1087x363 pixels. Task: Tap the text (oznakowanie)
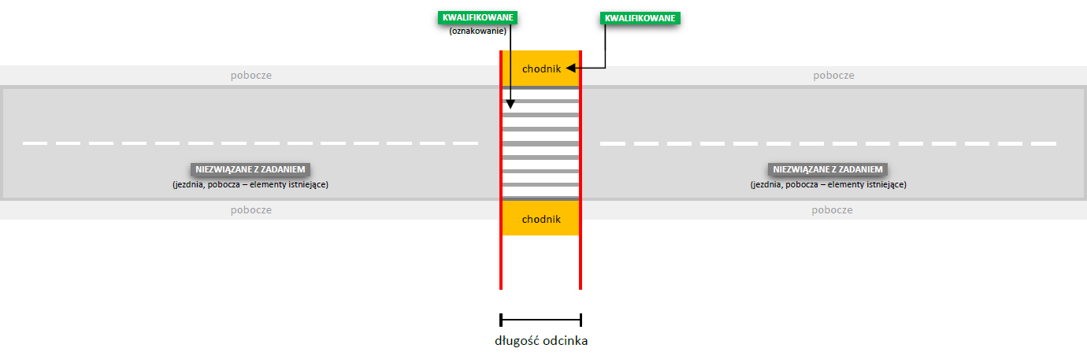tap(477, 31)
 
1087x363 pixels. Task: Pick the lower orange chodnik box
tap(540, 218)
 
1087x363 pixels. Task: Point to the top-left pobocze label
tap(251, 76)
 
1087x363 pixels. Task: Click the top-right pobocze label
tap(833, 76)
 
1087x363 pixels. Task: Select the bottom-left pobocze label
tap(251, 210)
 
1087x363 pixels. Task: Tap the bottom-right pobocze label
tap(833, 210)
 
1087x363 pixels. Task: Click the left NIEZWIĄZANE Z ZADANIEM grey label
tap(251, 169)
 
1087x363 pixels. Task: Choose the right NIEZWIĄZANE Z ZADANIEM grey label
tap(829, 169)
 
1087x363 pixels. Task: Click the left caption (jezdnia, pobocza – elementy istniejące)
tap(250, 184)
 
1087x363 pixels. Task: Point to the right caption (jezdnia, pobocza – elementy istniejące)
tap(829, 184)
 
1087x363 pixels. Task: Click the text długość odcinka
tap(541, 341)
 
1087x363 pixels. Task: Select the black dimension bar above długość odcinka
tap(541, 320)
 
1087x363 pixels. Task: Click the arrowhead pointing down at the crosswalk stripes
tap(510, 105)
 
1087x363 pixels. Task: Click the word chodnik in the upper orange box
tap(541, 69)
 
